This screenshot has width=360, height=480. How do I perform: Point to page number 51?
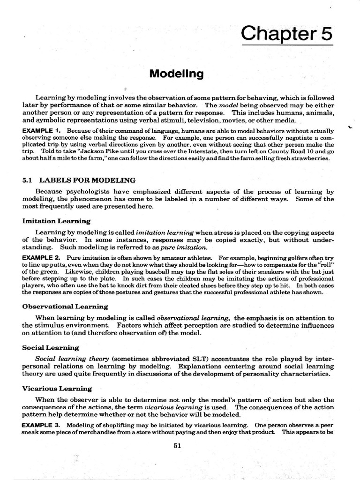click(x=177, y=446)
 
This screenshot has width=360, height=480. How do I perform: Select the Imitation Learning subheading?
click(x=56, y=220)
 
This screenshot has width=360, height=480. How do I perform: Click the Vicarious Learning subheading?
click(x=57, y=389)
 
